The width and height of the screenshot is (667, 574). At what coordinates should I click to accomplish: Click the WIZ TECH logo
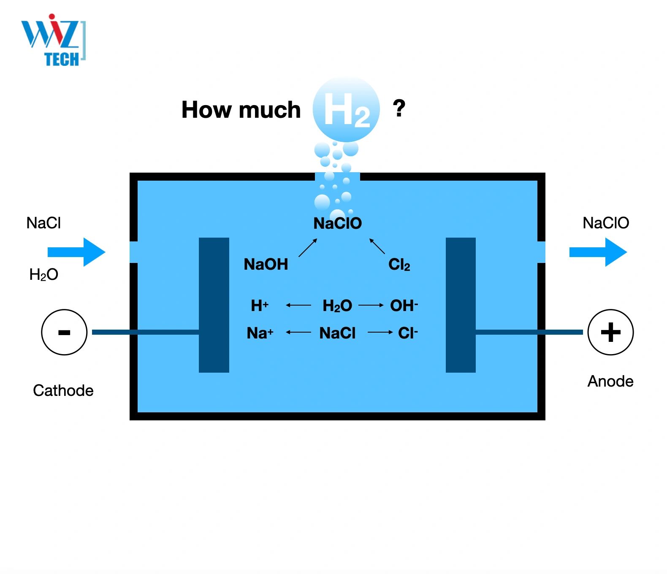[x=53, y=41]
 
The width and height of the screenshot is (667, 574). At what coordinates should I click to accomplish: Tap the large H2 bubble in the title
[x=346, y=109]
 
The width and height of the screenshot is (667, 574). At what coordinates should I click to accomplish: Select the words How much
[x=241, y=110]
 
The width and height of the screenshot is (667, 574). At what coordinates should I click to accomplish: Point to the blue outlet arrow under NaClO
[x=598, y=252]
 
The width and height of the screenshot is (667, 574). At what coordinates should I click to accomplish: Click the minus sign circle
[x=64, y=332]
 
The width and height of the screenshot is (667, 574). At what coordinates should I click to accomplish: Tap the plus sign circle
[x=610, y=332]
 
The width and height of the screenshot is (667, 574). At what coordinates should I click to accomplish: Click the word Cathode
[x=63, y=390]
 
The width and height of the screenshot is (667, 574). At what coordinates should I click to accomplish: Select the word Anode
[x=610, y=381]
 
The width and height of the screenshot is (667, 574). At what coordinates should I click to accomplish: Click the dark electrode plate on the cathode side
[x=214, y=305]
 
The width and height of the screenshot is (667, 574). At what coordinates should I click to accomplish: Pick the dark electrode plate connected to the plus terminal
[x=461, y=305]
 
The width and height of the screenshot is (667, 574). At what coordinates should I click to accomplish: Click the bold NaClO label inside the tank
[x=337, y=223]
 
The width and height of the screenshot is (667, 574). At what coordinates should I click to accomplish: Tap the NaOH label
[x=266, y=264]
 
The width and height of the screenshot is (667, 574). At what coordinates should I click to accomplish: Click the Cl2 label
[x=399, y=265]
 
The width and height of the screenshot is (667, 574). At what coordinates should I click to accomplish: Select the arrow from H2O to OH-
[x=371, y=305]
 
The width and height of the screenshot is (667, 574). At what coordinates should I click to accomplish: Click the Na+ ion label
[x=260, y=333]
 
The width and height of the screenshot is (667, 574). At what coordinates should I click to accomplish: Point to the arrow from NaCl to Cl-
[x=380, y=333]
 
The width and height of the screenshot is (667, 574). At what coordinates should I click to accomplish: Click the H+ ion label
[x=259, y=305]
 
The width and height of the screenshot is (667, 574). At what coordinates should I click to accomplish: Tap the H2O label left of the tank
[x=43, y=275]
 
